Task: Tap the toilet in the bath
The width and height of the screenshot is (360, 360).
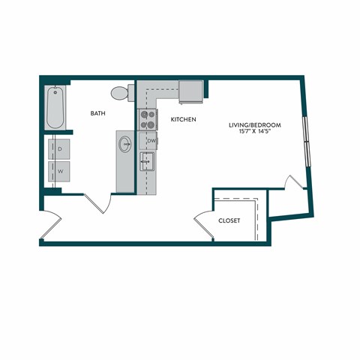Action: point(121,93)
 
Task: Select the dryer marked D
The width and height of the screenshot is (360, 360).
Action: point(60,148)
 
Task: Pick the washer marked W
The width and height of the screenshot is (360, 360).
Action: point(60,172)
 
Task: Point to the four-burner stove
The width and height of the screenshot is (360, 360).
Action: point(148,118)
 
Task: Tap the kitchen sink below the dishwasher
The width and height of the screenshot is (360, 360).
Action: point(148,160)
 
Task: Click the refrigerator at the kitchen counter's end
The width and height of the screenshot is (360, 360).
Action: point(191,91)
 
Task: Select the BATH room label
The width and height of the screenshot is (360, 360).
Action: point(98,114)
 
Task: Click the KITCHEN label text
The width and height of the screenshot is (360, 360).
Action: point(183,119)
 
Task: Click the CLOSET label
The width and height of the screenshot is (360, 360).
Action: point(229,221)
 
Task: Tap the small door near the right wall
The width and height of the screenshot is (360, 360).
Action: point(294,182)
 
